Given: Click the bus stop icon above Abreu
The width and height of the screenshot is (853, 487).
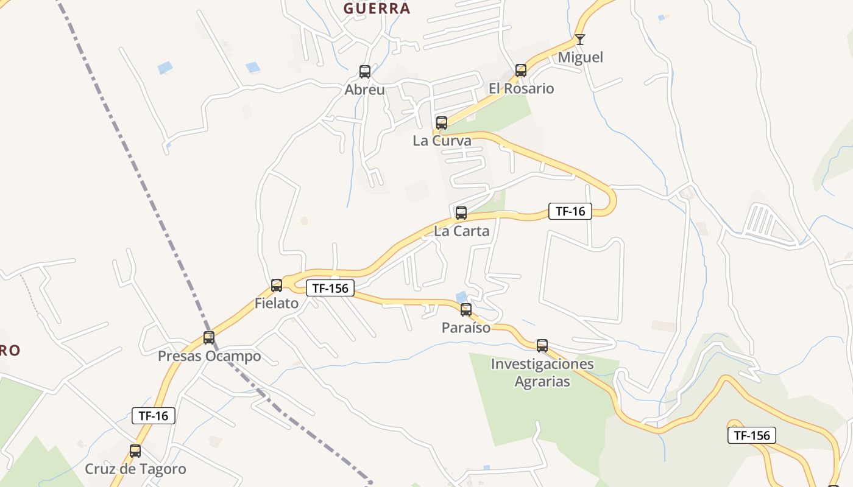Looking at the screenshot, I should (x=365, y=72).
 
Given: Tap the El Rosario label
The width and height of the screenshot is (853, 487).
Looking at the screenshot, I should (x=521, y=89).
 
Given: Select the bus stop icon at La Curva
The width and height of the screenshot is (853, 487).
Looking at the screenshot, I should (x=442, y=123).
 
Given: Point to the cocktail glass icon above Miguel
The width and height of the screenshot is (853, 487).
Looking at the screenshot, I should (x=580, y=40).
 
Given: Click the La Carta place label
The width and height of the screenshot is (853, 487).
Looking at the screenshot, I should (x=461, y=231).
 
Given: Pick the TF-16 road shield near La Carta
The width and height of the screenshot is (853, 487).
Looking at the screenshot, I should (x=570, y=211).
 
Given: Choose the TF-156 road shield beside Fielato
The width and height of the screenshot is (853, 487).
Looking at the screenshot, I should (x=330, y=288).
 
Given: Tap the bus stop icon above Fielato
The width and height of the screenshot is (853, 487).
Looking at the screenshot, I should (x=277, y=285).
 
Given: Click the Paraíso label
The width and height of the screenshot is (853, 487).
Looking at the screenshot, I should (x=466, y=328).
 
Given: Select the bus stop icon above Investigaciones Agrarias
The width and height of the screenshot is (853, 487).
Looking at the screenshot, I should (x=542, y=346).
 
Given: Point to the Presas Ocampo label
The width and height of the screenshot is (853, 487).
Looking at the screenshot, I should (x=210, y=356).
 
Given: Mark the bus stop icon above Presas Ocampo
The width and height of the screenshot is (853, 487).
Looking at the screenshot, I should (x=209, y=337).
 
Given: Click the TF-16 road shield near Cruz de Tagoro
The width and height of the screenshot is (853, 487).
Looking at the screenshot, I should (x=154, y=416).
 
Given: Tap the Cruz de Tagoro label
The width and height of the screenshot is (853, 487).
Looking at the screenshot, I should (x=135, y=469).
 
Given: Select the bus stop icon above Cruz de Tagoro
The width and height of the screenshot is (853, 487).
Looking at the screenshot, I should (x=135, y=451).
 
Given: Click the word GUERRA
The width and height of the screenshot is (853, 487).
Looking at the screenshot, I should (x=377, y=9).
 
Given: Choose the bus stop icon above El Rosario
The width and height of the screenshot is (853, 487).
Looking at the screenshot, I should (x=521, y=71).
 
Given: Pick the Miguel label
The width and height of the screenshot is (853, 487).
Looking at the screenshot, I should (x=581, y=57).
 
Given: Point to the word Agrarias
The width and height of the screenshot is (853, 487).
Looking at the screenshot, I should (x=542, y=382).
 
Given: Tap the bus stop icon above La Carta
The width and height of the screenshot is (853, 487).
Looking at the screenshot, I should (x=461, y=213).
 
